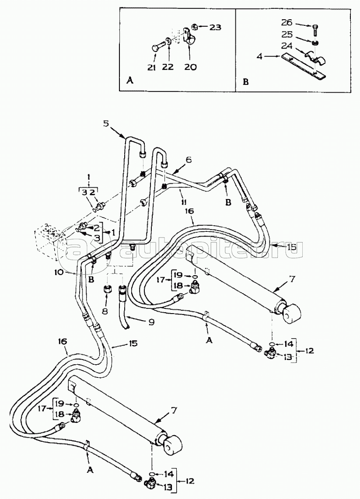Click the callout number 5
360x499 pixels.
pyautogui.click(x=105, y=123)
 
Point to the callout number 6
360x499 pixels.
pyautogui.click(x=189, y=160)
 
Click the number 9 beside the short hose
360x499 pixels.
pyautogui.click(x=151, y=322)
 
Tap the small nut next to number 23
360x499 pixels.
pyautogui.click(x=198, y=27)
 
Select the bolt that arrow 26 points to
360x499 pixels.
pyautogui.click(x=316, y=31)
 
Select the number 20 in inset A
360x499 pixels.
pyautogui.click(x=191, y=67)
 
